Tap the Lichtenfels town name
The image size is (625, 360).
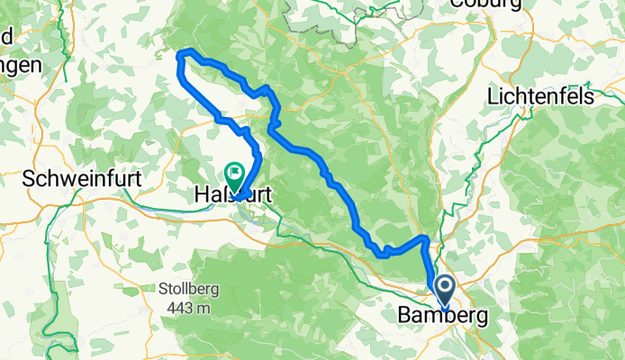tap(543, 95)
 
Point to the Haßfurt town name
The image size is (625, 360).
tap(231, 193)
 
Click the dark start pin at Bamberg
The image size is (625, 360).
tap(446, 288)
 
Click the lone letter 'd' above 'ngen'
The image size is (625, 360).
tap(6, 38)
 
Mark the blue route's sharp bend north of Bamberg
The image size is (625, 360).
tap(423, 237)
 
